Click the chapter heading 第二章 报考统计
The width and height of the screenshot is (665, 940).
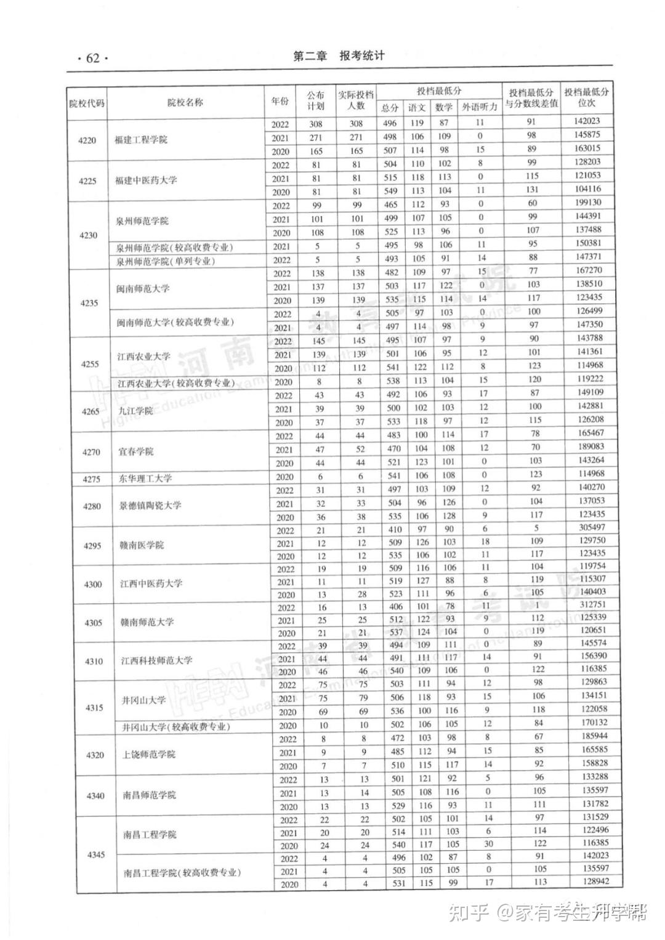coord(339,56)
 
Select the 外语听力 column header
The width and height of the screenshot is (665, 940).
coord(480,107)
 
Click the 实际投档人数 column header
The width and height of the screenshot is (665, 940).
coord(355,100)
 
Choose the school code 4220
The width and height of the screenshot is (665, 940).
coord(87,140)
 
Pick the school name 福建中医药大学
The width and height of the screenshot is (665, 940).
coord(146,180)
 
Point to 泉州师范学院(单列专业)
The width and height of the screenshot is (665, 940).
coord(166,261)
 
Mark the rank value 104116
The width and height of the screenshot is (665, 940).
coord(589,189)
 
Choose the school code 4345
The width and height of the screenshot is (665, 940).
coord(96,855)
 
